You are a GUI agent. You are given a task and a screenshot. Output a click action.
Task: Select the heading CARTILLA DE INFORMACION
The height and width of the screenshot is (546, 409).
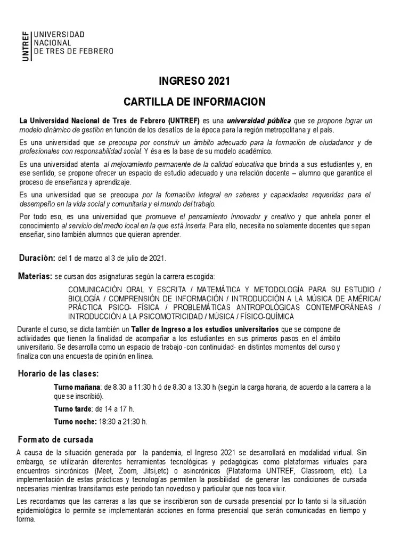pos(194,101)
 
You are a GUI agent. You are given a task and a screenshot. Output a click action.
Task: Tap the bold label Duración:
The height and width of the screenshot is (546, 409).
pos(37,258)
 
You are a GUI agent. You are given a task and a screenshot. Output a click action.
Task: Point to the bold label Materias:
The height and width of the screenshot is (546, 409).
pos(35,276)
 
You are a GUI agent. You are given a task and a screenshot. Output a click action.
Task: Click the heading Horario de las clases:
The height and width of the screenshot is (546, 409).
pos(59,373)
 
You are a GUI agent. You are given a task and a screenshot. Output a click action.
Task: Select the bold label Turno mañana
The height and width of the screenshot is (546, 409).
pos(77,387)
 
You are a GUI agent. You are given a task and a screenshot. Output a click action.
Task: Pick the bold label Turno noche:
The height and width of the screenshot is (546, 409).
pos(75,421)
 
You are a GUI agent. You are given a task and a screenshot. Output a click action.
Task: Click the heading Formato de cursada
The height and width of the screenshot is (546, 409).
pos(55,440)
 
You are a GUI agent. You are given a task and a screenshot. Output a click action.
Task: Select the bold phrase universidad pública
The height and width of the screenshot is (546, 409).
pos(259,121)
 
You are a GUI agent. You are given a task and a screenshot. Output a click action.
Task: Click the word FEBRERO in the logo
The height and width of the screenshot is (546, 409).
pos(97,51)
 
